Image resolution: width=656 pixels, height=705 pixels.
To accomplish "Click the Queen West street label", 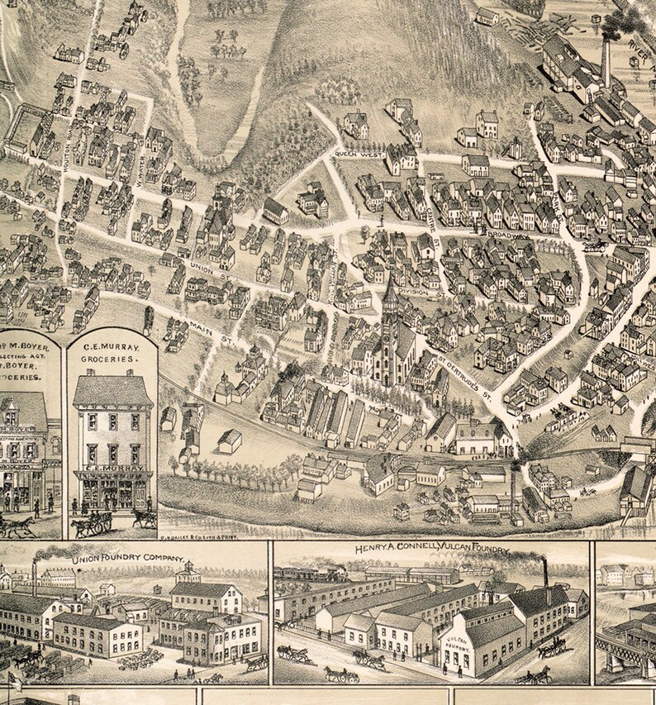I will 357,154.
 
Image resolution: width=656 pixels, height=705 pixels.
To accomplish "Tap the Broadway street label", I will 506,234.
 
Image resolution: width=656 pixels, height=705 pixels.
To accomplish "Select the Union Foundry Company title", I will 128,559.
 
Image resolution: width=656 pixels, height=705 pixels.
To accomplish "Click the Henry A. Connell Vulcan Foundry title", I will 433,549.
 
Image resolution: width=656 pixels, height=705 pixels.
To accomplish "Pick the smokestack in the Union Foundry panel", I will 34,572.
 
